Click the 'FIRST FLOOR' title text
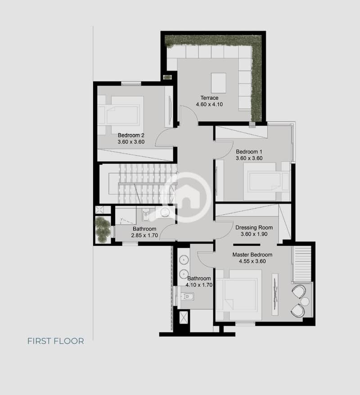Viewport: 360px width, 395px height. click(56, 341)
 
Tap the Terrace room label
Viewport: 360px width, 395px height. click(209, 98)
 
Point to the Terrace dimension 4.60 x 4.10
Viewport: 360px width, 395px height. click(209, 104)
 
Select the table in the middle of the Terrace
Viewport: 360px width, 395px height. click(219, 83)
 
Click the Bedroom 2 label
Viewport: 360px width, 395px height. click(131, 135)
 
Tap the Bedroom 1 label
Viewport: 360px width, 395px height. click(249, 152)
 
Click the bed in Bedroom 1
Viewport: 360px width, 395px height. click(267, 182)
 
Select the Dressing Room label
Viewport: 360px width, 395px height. click(254, 227)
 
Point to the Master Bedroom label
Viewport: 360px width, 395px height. click(252, 254)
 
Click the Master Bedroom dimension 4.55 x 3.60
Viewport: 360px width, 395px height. click(252, 261)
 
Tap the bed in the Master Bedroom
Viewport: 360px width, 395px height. click(239, 295)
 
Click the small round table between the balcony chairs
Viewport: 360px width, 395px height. click(305, 301)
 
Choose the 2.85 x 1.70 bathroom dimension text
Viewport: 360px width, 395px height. click(144, 235)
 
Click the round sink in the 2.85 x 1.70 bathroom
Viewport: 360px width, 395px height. click(165, 212)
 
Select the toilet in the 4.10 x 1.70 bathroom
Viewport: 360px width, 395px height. click(187, 296)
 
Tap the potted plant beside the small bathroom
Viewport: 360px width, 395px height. click(103, 229)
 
